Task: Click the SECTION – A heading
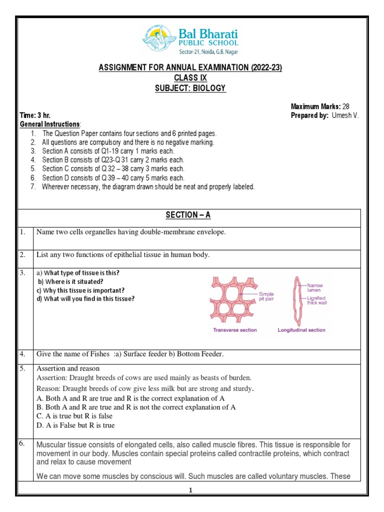(188, 215)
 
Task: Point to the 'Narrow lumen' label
(315, 287)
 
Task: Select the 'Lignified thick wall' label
(317, 300)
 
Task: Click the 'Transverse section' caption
(235, 330)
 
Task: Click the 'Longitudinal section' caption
(301, 330)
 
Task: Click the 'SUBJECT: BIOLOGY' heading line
(192, 88)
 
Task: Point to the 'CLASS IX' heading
(190, 78)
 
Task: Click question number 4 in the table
(22, 354)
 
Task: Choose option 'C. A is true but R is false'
(74, 416)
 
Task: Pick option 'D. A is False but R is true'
(75, 425)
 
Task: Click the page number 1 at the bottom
(190, 491)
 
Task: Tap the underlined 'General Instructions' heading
(49, 124)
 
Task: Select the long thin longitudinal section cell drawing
(296, 300)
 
